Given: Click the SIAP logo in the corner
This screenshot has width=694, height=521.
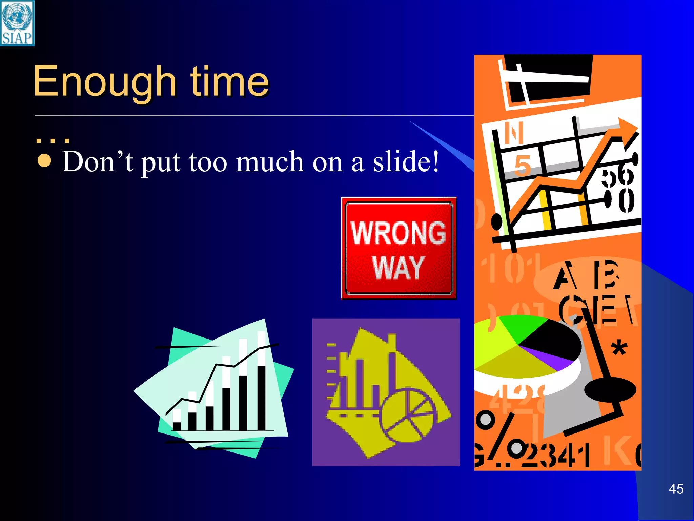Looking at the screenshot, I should (17, 23).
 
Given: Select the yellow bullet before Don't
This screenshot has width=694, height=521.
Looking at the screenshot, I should (44, 161).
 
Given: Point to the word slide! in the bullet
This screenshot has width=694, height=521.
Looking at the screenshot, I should (406, 162).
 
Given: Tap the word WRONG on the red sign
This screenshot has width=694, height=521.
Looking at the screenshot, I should (398, 232).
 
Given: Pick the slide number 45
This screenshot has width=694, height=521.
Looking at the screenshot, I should (676, 489).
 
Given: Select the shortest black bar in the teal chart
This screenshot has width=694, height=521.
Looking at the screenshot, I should (177, 426).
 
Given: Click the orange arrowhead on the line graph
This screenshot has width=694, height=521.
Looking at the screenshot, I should (627, 128).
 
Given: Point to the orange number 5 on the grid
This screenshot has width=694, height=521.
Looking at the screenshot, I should (522, 166).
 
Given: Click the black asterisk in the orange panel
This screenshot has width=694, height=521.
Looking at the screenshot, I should (619, 348).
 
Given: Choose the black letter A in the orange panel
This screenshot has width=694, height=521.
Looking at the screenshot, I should (565, 275).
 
